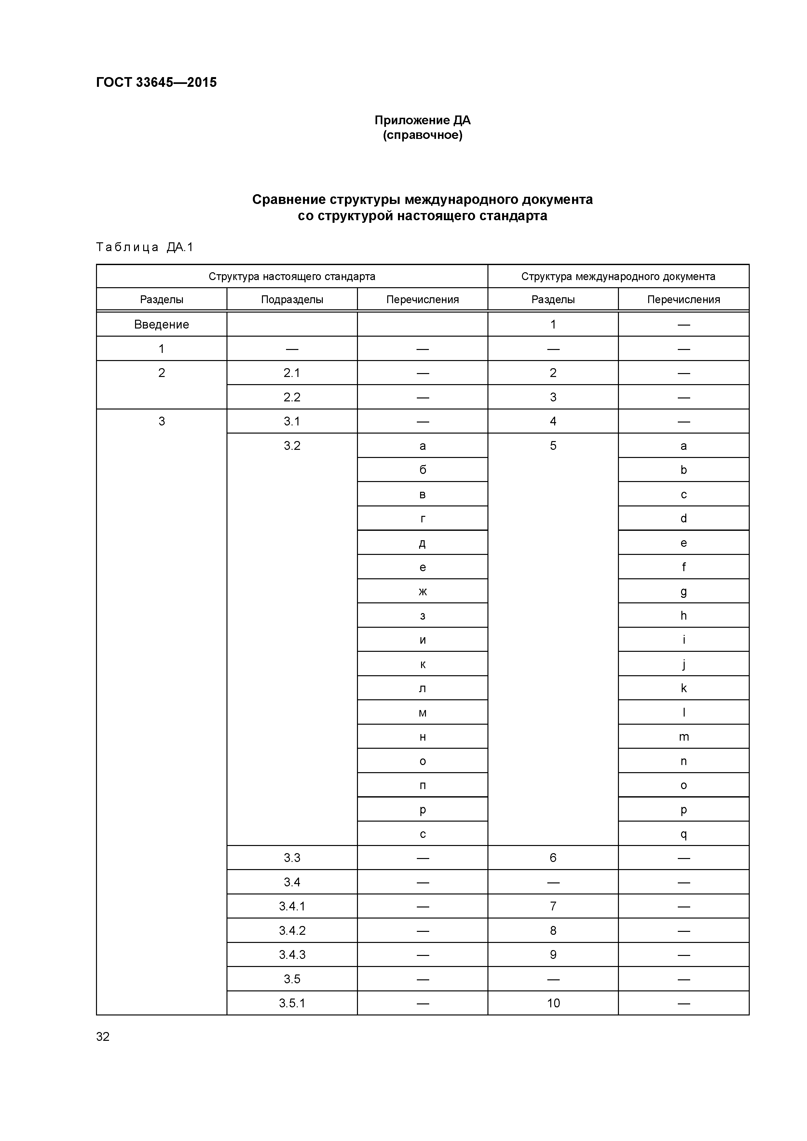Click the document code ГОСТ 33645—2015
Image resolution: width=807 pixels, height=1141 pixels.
point(156,83)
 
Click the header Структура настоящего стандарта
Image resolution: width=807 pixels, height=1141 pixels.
point(292,276)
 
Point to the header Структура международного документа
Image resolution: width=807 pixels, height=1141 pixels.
point(618,276)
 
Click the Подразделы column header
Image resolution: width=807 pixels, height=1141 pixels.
point(292,300)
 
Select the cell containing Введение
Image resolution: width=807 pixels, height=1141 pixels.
point(162,325)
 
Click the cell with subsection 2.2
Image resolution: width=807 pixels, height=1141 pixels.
point(292,397)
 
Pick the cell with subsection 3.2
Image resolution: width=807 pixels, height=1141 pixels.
point(292,446)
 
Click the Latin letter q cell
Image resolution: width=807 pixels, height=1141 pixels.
point(683,834)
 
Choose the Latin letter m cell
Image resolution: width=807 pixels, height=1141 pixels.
point(683,737)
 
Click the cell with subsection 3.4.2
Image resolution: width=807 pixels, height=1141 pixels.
point(292,931)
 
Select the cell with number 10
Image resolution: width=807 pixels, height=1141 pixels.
point(553,1003)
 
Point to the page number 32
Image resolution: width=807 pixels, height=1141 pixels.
point(103,1037)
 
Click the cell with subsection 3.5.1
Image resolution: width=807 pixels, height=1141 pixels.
point(292,1003)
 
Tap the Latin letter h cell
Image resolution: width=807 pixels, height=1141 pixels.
point(683,616)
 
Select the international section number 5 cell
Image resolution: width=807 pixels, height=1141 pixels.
point(553,446)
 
